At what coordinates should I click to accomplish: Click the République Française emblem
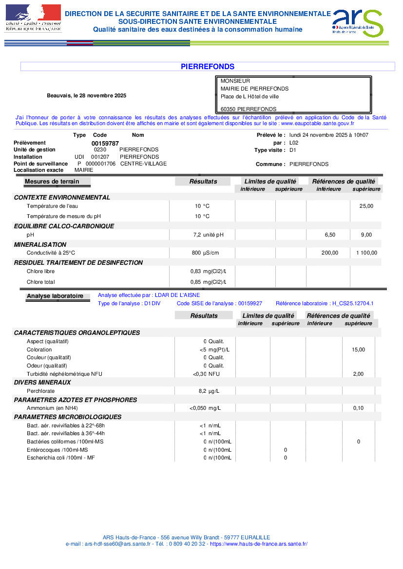click(33, 18)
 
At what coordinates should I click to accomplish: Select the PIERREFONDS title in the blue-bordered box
click(208, 67)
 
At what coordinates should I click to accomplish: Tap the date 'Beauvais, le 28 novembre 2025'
click(86, 95)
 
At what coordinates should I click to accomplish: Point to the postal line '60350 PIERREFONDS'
click(249, 109)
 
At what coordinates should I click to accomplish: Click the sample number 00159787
click(105, 143)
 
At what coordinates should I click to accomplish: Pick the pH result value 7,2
click(197, 235)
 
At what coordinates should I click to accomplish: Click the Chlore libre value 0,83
click(195, 271)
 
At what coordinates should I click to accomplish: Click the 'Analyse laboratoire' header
click(55, 296)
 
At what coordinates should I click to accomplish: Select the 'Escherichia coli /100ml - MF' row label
click(61, 458)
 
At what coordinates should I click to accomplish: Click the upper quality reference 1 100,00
click(366, 253)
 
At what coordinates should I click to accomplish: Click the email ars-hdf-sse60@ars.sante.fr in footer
click(117, 544)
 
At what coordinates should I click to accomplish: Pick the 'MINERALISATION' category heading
click(40, 244)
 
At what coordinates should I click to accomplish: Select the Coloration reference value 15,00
click(358, 349)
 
